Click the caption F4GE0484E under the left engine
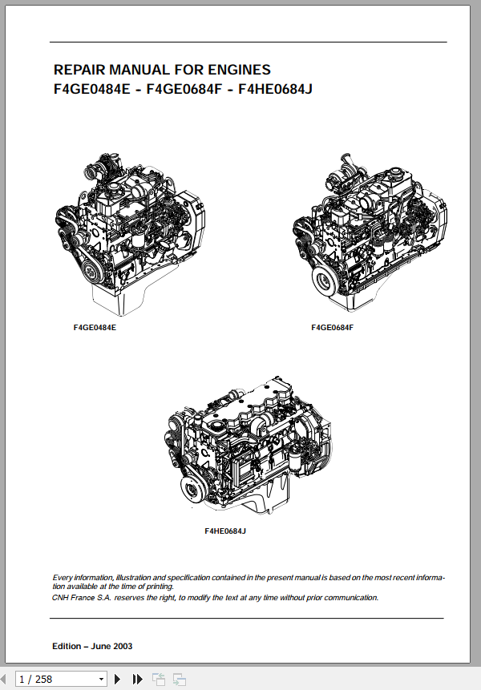click(x=95, y=328)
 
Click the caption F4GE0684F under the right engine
click(x=332, y=328)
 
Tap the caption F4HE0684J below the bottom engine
click(x=225, y=531)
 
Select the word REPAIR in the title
click(x=78, y=70)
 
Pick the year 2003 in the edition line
click(x=123, y=646)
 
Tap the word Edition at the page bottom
click(x=67, y=646)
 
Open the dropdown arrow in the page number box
click(x=100, y=680)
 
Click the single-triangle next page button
click(x=118, y=679)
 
